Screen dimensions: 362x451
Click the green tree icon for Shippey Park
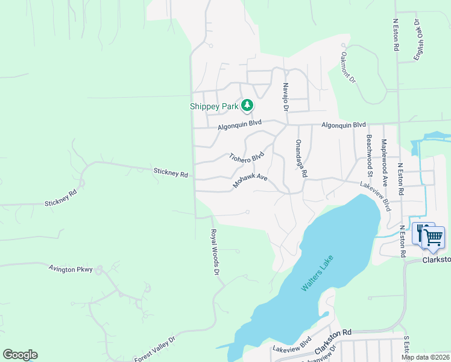point(247,106)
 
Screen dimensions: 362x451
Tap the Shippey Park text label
point(214,107)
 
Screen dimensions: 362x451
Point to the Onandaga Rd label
point(300,158)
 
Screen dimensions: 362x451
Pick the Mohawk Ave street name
point(250,180)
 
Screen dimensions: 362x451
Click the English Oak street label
point(417,39)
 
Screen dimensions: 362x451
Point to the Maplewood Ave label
point(384,157)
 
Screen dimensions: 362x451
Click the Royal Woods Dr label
point(214,252)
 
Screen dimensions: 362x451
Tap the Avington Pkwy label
point(71,269)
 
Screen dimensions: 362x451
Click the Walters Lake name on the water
point(317,273)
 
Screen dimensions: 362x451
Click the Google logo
point(20,355)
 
